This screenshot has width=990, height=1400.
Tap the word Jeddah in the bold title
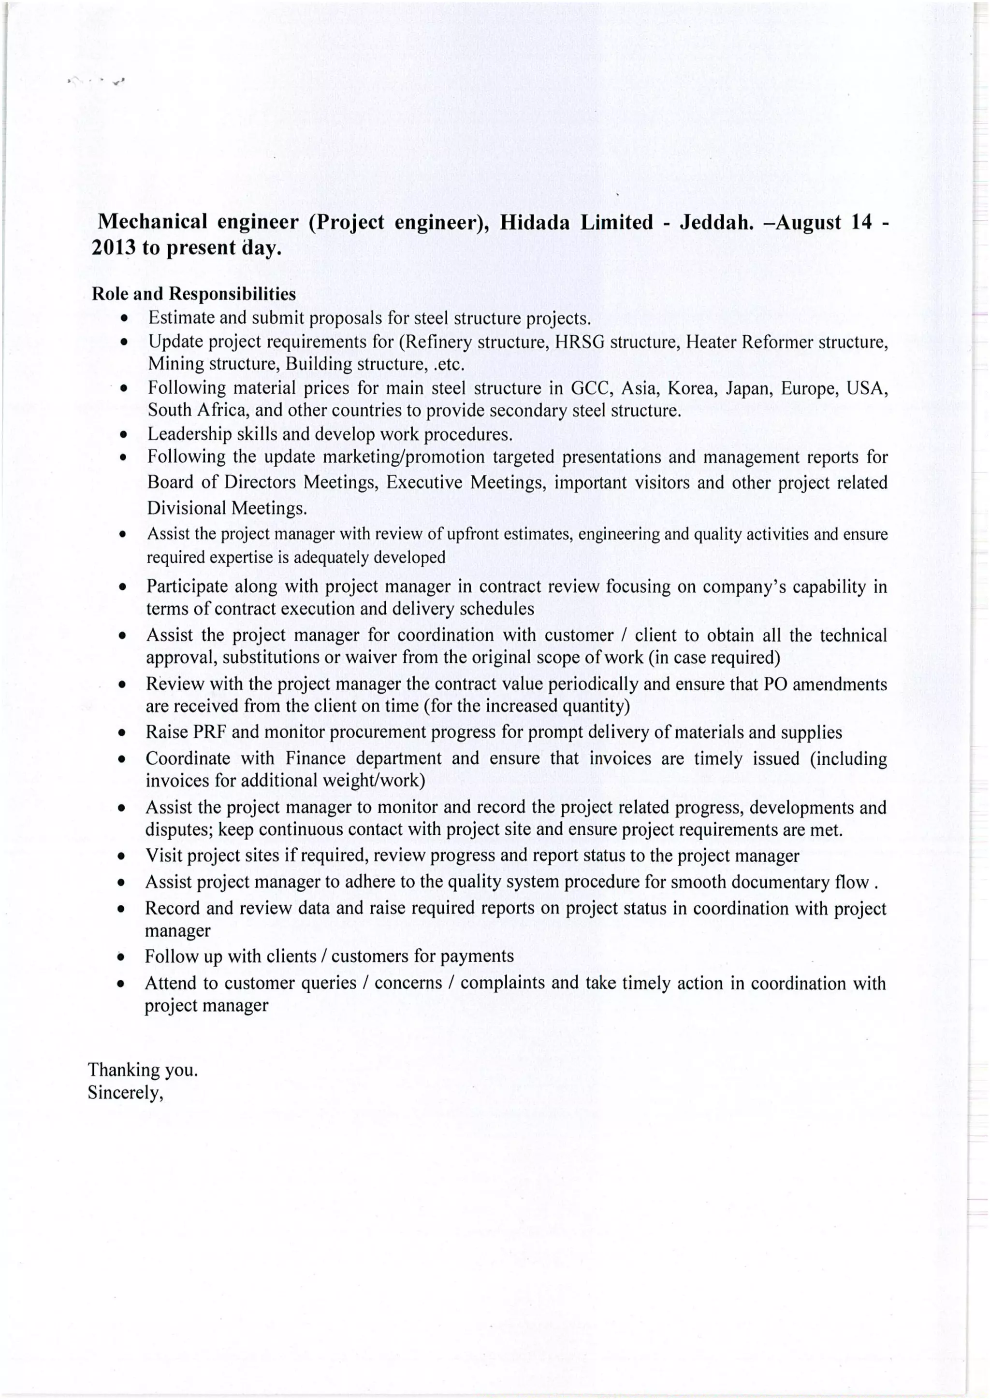713,222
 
